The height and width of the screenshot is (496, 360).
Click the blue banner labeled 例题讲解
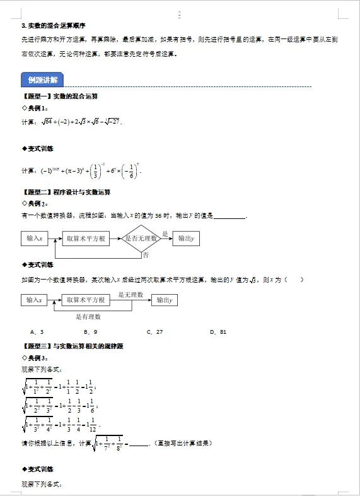click(x=42, y=80)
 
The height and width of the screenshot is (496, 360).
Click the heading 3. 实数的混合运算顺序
click(x=54, y=26)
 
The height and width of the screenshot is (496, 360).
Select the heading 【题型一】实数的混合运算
click(x=60, y=97)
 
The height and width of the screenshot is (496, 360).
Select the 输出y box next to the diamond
click(x=185, y=239)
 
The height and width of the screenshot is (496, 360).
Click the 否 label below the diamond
click(x=146, y=256)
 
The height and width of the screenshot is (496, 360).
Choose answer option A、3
click(x=37, y=331)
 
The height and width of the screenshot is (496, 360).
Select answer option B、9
click(x=90, y=331)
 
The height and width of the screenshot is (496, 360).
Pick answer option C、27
click(x=154, y=331)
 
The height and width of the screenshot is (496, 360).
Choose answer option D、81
click(x=219, y=331)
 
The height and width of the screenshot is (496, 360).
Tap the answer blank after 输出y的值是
click(x=230, y=216)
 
